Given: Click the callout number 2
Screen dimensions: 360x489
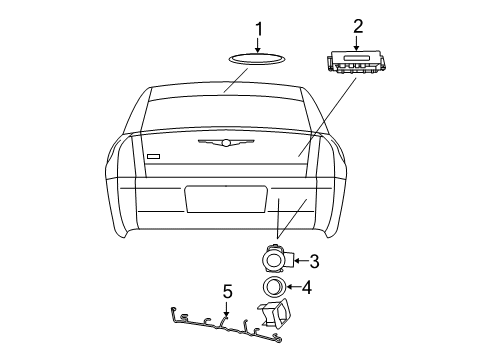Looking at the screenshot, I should pyautogui.click(x=357, y=27).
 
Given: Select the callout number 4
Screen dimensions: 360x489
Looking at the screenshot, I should pyautogui.click(x=307, y=289).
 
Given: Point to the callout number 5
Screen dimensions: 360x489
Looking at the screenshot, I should pyautogui.click(x=227, y=292).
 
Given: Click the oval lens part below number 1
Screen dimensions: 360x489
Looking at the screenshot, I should pyautogui.click(x=256, y=57).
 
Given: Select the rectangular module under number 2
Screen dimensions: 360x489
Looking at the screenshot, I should pyautogui.click(x=356, y=63).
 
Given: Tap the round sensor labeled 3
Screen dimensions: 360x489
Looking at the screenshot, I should pyautogui.click(x=275, y=261).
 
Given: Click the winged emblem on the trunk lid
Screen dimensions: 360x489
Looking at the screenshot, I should pyautogui.click(x=225, y=143).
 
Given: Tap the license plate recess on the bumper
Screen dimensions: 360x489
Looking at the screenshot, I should pyautogui.click(x=225, y=198).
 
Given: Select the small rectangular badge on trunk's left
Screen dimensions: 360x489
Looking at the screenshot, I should pyautogui.click(x=152, y=156).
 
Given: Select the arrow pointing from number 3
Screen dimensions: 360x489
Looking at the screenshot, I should pyautogui.click(x=298, y=262).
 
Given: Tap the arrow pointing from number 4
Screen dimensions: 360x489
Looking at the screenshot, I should pyautogui.click(x=293, y=289).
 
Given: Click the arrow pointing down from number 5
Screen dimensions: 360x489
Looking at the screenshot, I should pyautogui.click(x=227, y=309).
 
